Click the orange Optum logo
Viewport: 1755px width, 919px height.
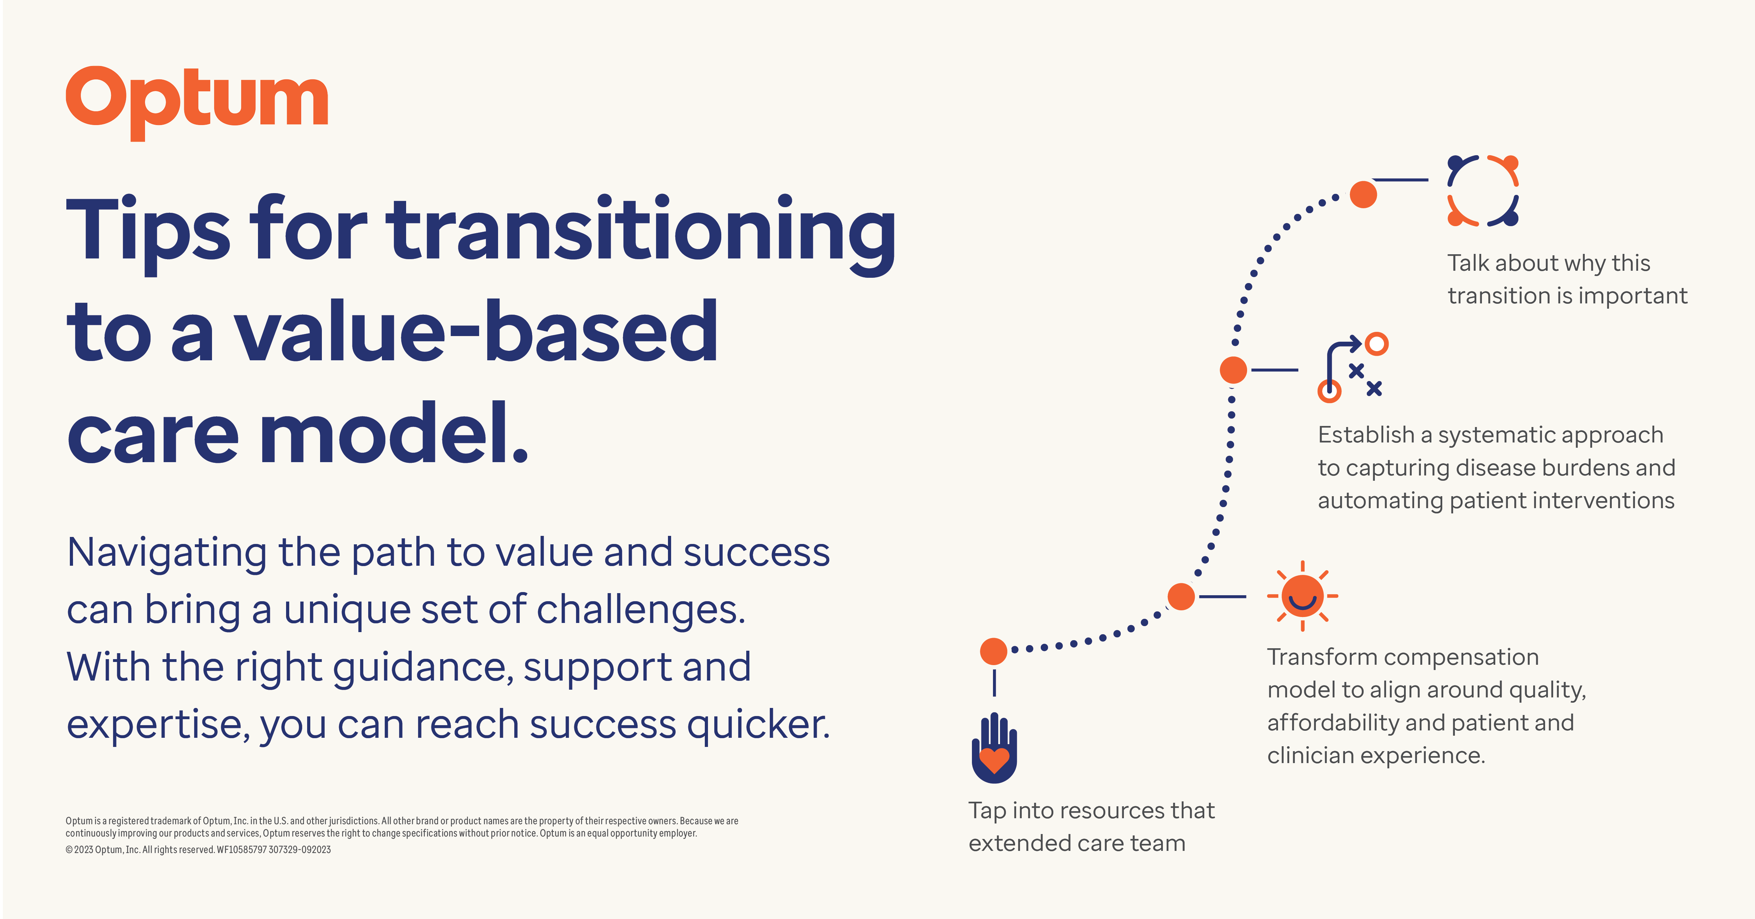(197, 102)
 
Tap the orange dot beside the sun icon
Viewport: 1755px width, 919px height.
(1181, 597)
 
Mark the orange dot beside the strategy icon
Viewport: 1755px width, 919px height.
(1233, 370)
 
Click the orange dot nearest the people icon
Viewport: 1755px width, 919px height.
(1363, 194)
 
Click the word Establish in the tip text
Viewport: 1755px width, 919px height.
(1366, 435)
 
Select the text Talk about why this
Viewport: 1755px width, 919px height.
(1549, 263)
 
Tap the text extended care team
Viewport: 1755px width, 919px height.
(1077, 843)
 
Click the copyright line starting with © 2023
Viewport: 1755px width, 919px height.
(198, 849)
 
